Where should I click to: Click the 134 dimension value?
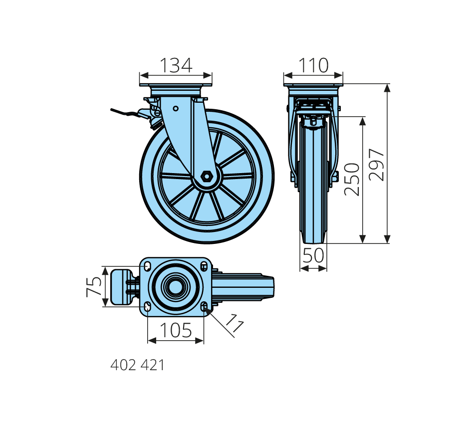(176, 65)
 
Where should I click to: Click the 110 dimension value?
(313, 65)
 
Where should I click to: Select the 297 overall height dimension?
(378, 164)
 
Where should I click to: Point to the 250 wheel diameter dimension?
(353, 179)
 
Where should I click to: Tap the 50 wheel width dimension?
(313, 256)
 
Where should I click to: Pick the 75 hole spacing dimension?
(94, 287)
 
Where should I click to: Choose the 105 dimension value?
(176, 330)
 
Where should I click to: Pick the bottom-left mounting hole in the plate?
(147, 307)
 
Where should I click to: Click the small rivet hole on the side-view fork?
(176, 108)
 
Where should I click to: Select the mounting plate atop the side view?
(176, 90)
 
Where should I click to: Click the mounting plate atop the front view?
(313, 90)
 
